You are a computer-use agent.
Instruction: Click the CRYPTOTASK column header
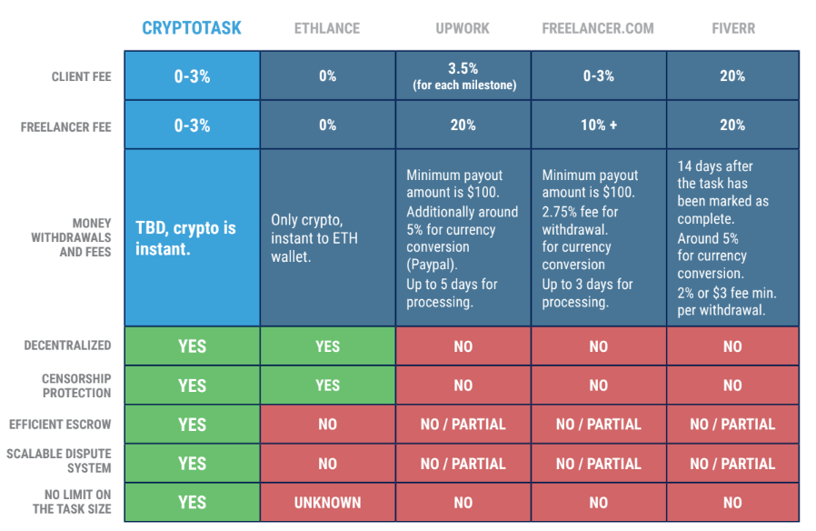coord(192,28)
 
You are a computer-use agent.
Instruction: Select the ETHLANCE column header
coord(327,28)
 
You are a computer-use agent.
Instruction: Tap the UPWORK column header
coord(463,28)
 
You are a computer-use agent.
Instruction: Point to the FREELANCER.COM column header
coord(598,28)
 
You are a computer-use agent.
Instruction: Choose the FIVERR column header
coord(732,28)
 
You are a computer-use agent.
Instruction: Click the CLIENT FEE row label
coord(82,77)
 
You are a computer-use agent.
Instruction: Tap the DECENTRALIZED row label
coord(68,346)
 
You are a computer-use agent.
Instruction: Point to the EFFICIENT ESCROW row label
coord(60,424)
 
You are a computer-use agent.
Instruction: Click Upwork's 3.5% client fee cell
coord(463,76)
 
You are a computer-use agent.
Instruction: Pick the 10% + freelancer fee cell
coord(598,125)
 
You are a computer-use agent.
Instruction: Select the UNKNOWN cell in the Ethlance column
coord(327,502)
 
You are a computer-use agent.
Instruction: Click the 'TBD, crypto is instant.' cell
coord(192,237)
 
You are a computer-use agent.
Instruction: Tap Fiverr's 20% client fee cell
coord(732,76)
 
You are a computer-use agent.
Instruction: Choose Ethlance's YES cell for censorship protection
coord(327,386)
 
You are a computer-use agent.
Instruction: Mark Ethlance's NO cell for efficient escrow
coord(327,425)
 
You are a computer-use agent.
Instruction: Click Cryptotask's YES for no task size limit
coord(192,502)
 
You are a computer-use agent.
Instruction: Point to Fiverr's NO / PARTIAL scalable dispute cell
coord(732,464)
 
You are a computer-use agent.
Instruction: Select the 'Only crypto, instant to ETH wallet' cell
coord(327,237)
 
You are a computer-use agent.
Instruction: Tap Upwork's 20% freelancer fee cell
coord(463,125)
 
